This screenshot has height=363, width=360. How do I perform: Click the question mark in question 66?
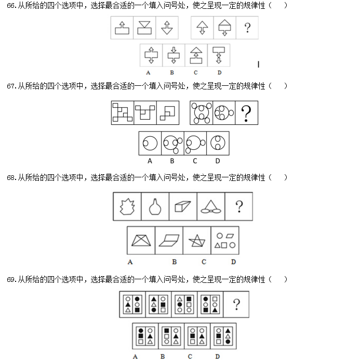pyautogui.click(x=247, y=28)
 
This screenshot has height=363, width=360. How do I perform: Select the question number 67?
pyautogui.click(x=11, y=86)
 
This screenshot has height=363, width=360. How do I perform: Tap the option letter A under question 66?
pyautogui.click(x=148, y=73)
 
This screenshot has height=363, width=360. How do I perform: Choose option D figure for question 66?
pyautogui.click(x=219, y=55)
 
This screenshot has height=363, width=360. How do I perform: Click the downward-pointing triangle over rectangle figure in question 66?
pyautogui.click(x=144, y=28)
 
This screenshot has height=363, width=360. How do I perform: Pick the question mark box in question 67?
pyautogui.click(x=246, y=113)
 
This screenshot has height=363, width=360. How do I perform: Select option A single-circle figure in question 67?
pyautogui.click(x=150, y=143)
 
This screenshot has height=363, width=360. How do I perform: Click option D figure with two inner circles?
pyautogui.click(x=218, y=143)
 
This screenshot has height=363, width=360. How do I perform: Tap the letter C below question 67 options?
pyautogui.click(x=195, y=161)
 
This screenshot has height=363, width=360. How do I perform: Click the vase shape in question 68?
pyautogui.click(x=155, y=206)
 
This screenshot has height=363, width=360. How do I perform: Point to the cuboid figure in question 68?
pyautogui.click(x=183, y=206)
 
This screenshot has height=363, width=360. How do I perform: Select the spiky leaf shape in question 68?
pyautogui.click(x=127, y=206)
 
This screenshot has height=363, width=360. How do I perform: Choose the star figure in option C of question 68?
pyautogui.click(x=197, y=241)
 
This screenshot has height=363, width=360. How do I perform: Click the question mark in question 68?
pyautogui.click(x=239, y=206)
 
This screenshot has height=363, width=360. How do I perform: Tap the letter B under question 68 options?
pyautogui.click(x=175, y=262)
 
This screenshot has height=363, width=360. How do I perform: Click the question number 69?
pyautogui.click(x=11, y=280)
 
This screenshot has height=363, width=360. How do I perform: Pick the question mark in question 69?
pyautogui.click(x=236, y=304)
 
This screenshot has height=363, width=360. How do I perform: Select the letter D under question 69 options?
pyautogui.click(x=217, y=357)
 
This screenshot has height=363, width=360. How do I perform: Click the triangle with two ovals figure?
pyautogui.click(x=210, y=206)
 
